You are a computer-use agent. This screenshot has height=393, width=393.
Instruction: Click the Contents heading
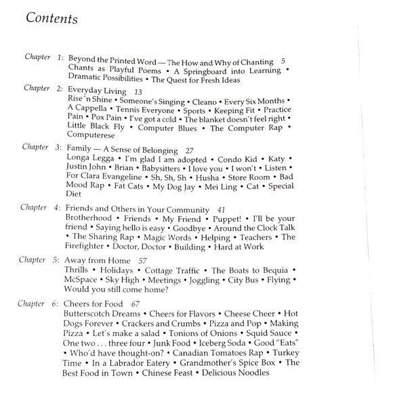click(51, 18)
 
